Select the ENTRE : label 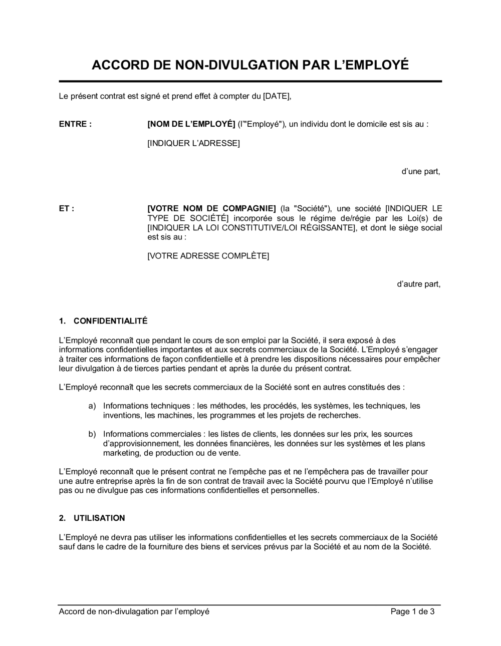coord(75,124)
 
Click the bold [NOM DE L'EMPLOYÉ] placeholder coord(191,124)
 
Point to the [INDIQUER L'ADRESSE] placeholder coord(193,143)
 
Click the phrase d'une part coord(420,171)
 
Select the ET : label coord(67,208)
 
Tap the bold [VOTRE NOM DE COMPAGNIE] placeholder coord(211,208)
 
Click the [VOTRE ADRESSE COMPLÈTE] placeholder coord(208,256)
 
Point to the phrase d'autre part coord(418,284)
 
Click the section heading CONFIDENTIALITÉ coord(110,321)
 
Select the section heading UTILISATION coord(99,518)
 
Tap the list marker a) coord(92,406)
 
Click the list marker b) coord(92,434)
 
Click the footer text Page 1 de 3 coord(412,611)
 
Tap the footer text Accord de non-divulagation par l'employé coord(134,611)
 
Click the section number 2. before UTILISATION coord(63,518)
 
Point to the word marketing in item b coord(121,453)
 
